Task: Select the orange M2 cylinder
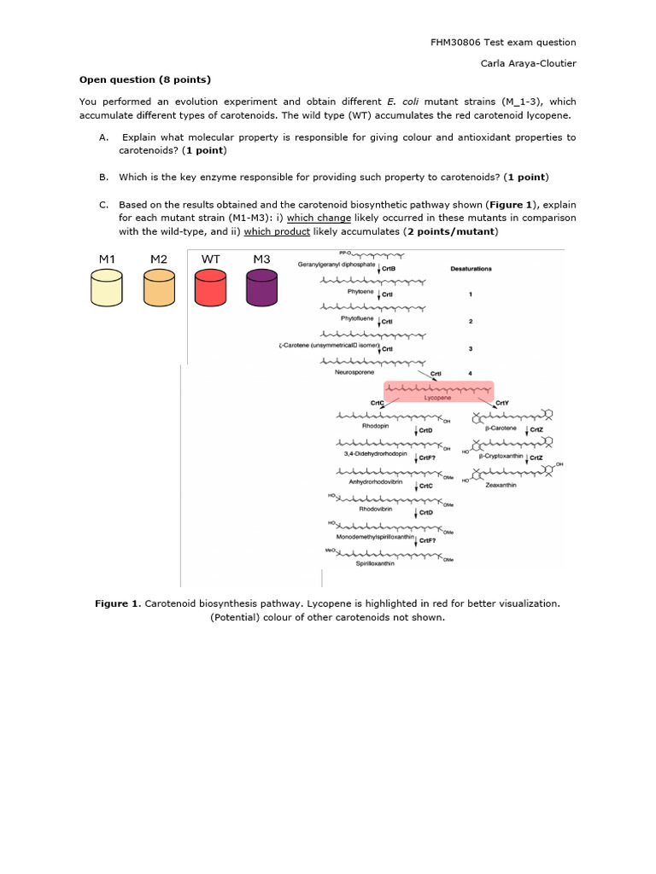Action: coord(159,288)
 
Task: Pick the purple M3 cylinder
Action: coord(261,288)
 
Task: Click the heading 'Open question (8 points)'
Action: coord(144,79)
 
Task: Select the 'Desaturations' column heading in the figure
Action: coord(471,269)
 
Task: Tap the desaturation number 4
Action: coord(471,372)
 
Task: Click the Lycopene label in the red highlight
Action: coord(437,398)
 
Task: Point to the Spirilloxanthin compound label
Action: coord(375,563)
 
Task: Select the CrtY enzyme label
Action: coord(501,402)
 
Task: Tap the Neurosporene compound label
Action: coord(354,372)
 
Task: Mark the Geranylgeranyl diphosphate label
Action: coord(337,265)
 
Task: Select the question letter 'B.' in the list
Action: coord(103,178)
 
